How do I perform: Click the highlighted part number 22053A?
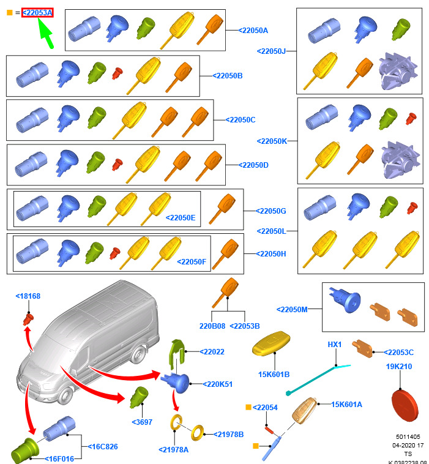pos(37,12)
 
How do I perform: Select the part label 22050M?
pos(292,310)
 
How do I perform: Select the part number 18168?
pos(28,296)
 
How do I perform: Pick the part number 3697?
pos(142,422)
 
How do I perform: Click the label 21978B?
pos(229,434)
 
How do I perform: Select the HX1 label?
pos(335,345)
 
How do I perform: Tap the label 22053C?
pos(399,352)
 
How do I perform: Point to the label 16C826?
pos(103,446)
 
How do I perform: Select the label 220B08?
pos(212,326)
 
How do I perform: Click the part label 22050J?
pos(271,51)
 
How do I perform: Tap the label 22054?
pos(265,407)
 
